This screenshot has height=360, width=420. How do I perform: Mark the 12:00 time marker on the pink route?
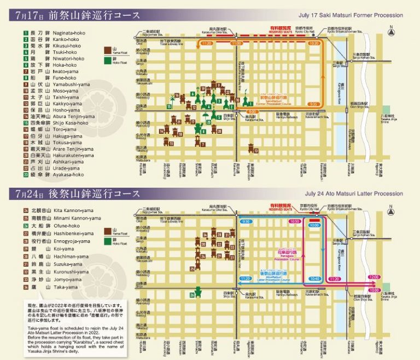pos(375,278)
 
